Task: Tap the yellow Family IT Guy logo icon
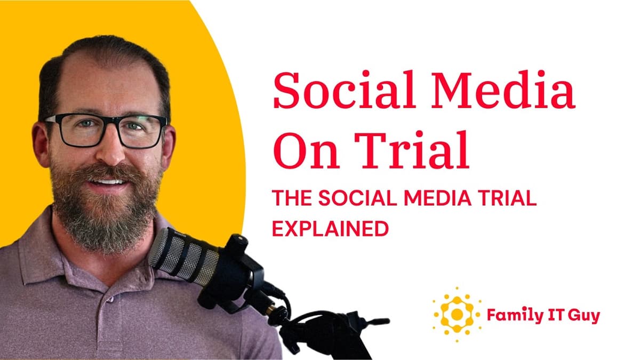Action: (457, 314)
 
